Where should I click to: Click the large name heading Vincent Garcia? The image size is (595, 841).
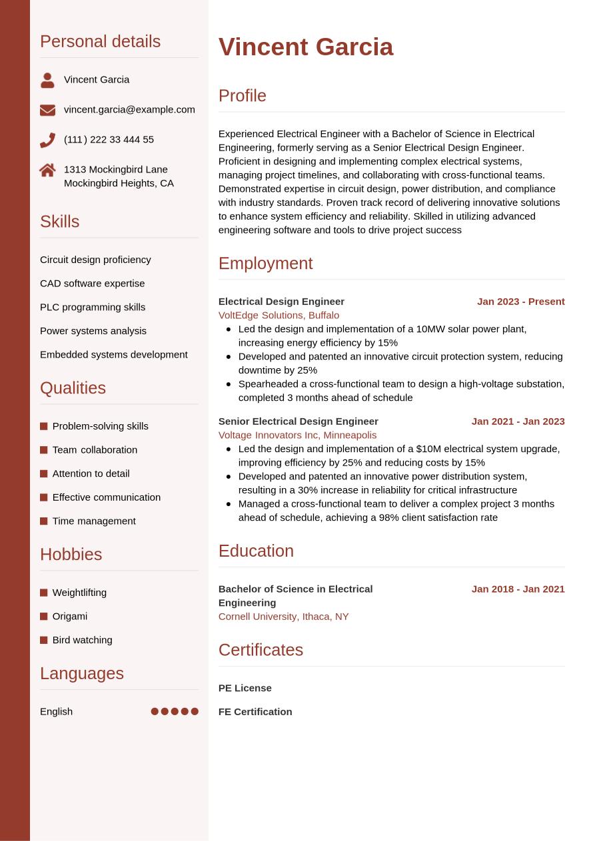(306, 47)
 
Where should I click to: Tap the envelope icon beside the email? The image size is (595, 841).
(47, 110)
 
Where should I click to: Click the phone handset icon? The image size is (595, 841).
(47, 140)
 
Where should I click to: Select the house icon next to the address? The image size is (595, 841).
(47, 170)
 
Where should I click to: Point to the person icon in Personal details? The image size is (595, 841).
(47, 81)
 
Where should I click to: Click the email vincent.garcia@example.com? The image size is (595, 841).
(129, 109)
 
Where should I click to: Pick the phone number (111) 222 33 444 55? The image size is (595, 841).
(109, 139)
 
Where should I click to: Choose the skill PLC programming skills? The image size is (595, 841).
(93, 307)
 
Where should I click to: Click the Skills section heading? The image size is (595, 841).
(59, 222)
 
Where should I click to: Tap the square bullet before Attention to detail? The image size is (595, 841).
(44, 473)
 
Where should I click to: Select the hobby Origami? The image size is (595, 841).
(70, 616)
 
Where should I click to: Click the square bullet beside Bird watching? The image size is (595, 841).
(44, 640)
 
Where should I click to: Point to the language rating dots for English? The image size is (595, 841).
(175, 711)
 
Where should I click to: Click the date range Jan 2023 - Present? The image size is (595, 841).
(520, 302)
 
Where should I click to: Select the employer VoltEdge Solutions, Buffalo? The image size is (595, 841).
(279, 315)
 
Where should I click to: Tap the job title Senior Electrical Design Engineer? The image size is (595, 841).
(298, 421)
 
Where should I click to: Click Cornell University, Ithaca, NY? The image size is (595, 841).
(283, 617)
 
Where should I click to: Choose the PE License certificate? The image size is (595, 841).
(245, 688)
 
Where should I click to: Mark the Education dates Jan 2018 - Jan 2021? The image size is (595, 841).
(518, 589)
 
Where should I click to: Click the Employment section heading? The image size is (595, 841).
(265, 263)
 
